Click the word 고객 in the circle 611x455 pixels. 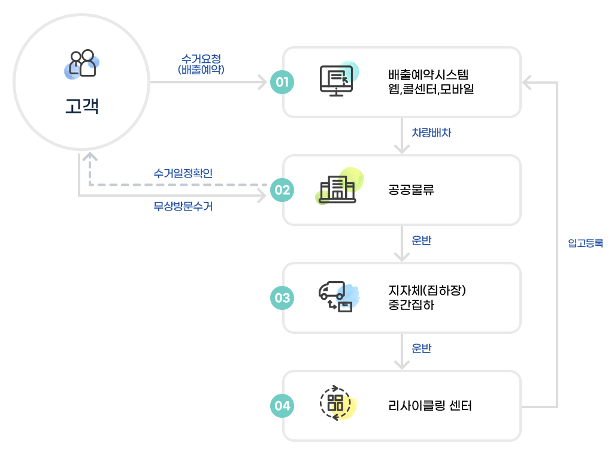81,106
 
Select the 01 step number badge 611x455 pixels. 282,82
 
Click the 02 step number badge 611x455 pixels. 282,190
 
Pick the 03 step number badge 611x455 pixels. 282,298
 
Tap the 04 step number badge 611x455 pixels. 282,406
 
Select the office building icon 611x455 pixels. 337,189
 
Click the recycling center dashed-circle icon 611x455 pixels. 337,403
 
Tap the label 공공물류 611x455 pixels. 410,191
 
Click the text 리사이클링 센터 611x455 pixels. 429,406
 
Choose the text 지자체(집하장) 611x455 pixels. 427,291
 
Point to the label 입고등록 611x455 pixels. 585,243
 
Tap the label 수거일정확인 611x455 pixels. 183,173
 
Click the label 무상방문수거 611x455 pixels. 183,207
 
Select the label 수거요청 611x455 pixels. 201,59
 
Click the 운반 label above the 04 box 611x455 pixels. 422,348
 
